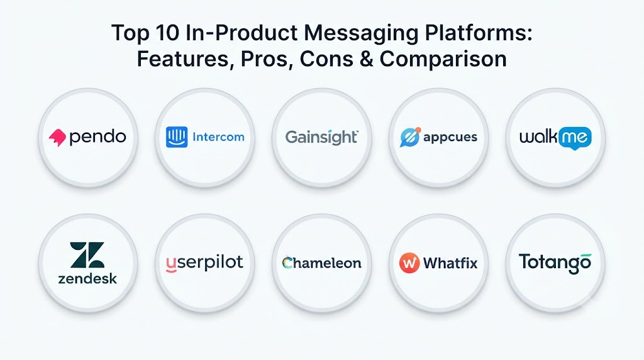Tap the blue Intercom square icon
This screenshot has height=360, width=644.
[x=177, y=137]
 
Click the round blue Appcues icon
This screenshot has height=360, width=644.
[x=410, y=137]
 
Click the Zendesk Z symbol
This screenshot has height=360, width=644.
[x=87, y=255]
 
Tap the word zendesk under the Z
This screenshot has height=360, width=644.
[x=87, y=279]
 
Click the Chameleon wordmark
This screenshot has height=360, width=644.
[x=321, y=262]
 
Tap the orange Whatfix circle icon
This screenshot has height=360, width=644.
[x=409, y=262]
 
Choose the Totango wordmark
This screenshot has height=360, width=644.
[x=555, y=263]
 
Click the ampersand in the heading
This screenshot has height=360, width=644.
[x=367, y=59]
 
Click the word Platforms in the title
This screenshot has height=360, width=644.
[x=479, y=33]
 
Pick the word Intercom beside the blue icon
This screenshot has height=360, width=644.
[x=218, y=137]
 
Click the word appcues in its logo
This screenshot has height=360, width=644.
[x=450, y=137]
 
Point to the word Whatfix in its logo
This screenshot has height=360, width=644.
[x=450, y=262]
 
